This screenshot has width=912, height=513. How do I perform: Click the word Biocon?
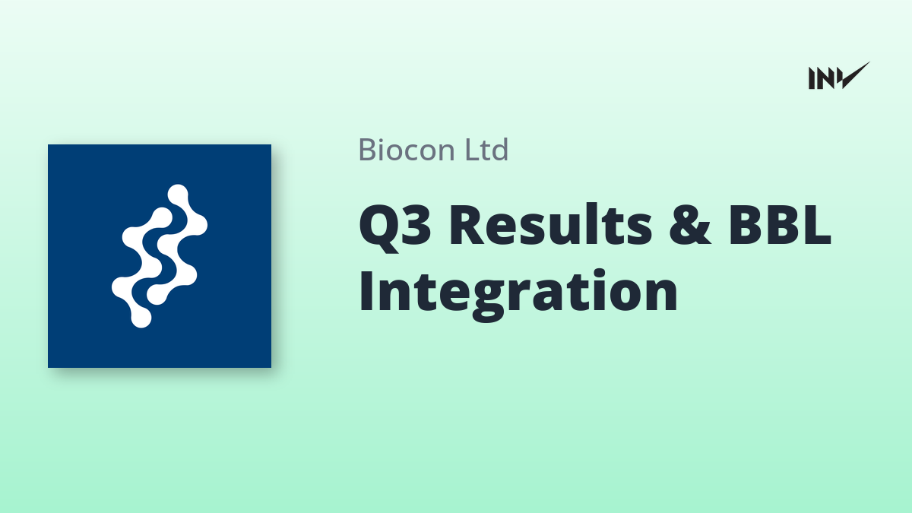(x=407, y=150)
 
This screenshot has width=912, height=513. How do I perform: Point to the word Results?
(x=550, y=225)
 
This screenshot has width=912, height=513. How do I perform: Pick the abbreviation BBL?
(x=779, y=225)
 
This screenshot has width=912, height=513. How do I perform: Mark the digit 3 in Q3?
(x=414, y=225)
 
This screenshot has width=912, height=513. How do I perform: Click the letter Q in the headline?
(x=377, y=228)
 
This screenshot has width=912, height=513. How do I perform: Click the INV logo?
(x=839, y=76)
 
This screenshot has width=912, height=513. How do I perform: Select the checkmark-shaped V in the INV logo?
(x=853, y=76)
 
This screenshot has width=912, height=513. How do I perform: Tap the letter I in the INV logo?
(x=812, y=78)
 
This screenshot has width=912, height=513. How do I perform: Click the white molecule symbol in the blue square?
(x=160, y=256)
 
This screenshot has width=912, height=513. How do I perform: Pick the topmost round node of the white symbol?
(x=178, y=195)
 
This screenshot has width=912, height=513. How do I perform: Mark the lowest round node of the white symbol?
(x=141, y=318)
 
